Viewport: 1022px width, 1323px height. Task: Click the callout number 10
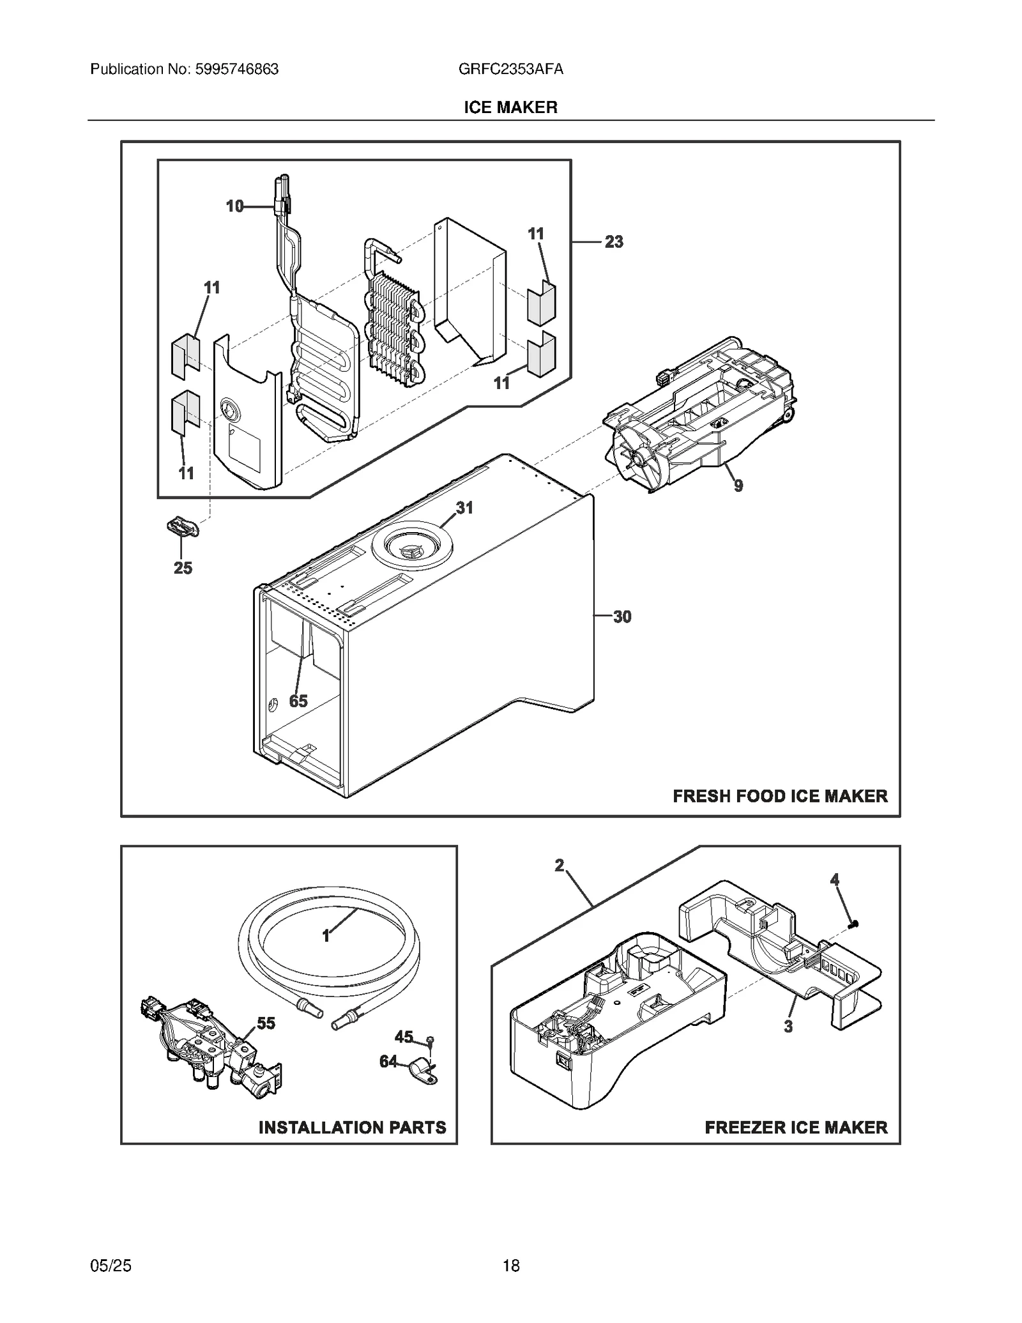click(234, 206)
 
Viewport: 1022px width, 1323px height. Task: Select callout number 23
click(613, 242)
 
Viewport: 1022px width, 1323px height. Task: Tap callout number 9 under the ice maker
click(738, 486)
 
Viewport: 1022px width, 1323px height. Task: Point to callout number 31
click(464, 508)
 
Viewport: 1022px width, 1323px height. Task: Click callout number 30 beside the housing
click(622, 617)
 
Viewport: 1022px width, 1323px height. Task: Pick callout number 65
click(298, 701)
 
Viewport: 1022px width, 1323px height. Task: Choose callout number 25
click(183, 568)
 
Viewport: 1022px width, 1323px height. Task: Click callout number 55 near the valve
click(266, 1023)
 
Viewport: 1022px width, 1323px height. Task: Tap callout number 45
click(404, 1037)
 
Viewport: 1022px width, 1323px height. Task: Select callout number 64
click(388, 1062)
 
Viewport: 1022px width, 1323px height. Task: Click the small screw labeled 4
click(853, 924)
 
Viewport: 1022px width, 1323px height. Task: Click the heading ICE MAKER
click(510, 107)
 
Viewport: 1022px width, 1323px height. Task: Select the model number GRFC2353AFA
click(510, 69)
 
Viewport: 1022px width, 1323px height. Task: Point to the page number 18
click(511, 1266)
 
